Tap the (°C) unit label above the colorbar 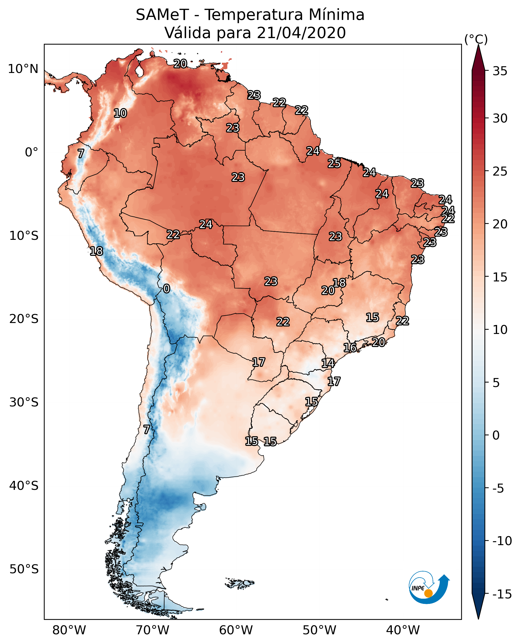coord(476,39)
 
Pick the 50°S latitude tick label coord(24,569)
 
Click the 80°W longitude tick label coord(69,630)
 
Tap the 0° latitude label coord(31,152)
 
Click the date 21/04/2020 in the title coord(301,33)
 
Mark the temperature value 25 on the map coord(334,163)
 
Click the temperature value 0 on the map coord(167,289)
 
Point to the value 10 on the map coord(120,113)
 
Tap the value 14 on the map coord(328,363)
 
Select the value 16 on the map coord(350,348)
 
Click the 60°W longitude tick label coord(236,630)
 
